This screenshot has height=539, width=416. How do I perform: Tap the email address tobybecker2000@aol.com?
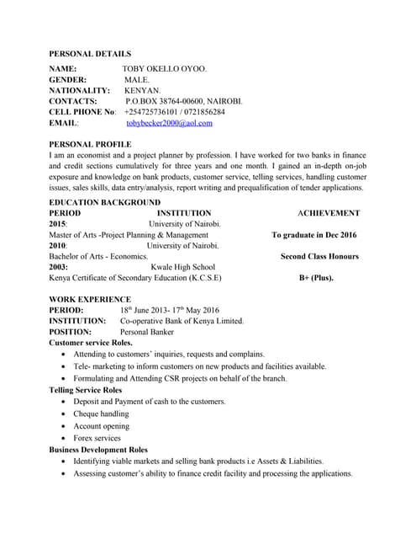pos(169,123)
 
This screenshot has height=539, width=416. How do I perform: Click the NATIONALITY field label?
pos(80,90)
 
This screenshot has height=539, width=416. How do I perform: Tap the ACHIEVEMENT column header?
pos(329,213)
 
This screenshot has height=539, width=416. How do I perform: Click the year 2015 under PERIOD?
pos(58,224)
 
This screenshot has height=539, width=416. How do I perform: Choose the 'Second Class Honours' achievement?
pos(319,256)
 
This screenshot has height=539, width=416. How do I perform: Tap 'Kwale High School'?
pos(183,267)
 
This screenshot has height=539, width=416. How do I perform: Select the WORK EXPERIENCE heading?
pos(90,299)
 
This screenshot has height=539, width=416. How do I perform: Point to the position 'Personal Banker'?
pos(147,332)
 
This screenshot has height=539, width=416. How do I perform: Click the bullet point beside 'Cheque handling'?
pos(65,414)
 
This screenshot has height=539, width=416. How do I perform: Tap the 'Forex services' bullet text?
pos(97,438)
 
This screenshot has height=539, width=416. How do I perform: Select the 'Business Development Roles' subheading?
pos(98,450)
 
